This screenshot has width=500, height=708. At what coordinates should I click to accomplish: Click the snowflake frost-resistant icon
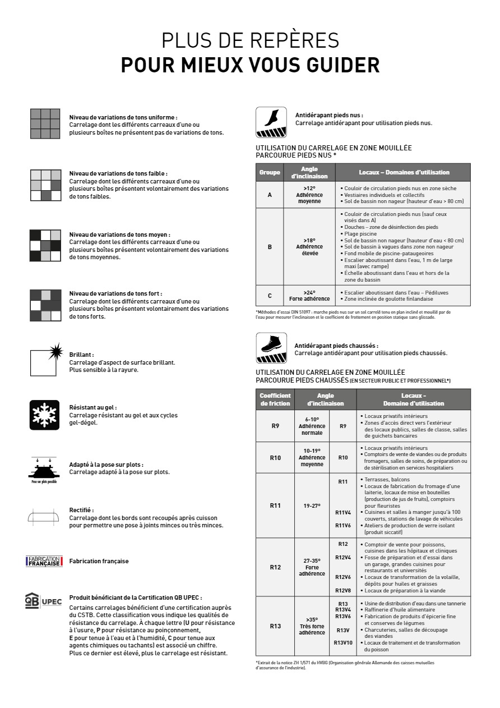(x=44, y=415)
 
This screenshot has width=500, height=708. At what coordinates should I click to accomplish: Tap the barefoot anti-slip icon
(x=271, y=122)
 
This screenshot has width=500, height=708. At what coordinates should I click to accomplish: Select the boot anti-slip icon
(x=271, y=348)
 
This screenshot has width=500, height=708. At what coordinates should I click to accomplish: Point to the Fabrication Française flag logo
(x=44, y=561)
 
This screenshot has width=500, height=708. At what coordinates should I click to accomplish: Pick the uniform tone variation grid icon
(x=45, y=123)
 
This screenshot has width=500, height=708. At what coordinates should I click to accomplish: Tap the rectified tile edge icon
(x=43, y=517)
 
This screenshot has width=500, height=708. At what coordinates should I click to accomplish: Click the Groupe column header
(x=270, y=172)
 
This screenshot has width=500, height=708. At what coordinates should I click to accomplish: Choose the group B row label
(x=270, y=247)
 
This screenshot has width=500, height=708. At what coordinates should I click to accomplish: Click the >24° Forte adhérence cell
(x=309, y=296)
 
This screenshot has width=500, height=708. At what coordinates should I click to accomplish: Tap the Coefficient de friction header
(x=275, y=399)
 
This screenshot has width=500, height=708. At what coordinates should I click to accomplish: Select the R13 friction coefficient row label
(x=275, y=626)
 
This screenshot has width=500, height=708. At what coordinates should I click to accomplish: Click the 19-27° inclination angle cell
(x=312, y=505)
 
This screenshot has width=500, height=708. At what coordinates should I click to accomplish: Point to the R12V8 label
(x=343, y=590)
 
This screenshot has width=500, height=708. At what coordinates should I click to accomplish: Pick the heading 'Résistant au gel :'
(x=93, y=408)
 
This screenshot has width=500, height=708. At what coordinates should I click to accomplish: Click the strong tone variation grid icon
(x=45, y=305)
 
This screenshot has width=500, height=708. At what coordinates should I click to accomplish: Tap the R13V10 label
(x=343, y=643)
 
